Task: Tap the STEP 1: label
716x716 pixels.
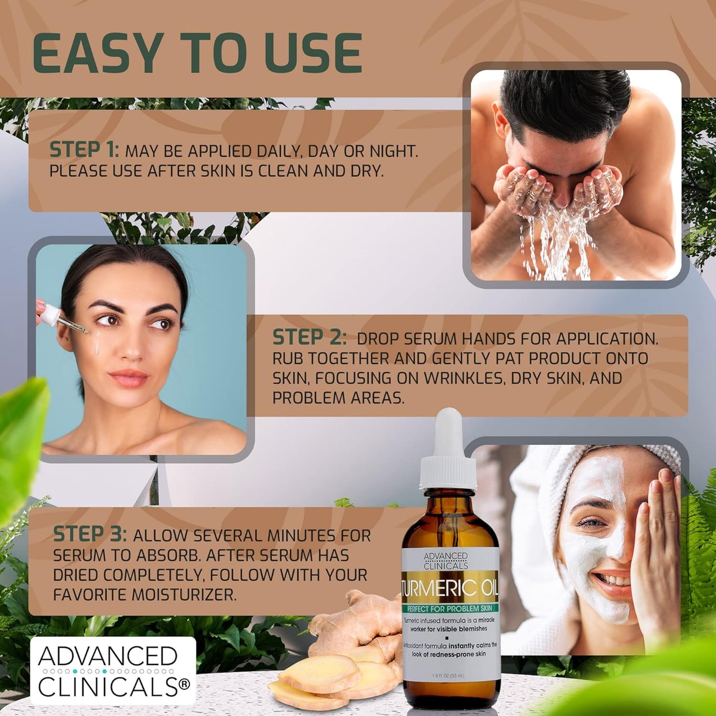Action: point(84,150)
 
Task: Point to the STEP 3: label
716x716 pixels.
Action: point(90,535)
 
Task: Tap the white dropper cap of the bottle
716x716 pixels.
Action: point(448,453)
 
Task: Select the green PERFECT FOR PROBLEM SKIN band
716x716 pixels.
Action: point(450,608)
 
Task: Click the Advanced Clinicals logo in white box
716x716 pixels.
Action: point(113,671)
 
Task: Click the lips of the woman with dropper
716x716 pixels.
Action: point(128,378)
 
